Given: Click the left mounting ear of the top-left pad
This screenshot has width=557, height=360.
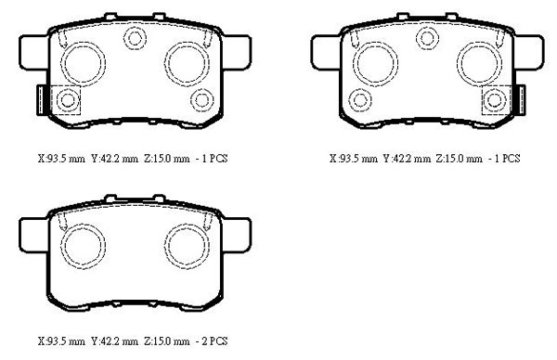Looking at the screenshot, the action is (x=33, y=53).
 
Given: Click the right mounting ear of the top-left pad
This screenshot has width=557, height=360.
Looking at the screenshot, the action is (x=237, y=53).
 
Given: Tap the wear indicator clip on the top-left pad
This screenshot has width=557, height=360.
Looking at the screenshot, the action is (x=42, y=100).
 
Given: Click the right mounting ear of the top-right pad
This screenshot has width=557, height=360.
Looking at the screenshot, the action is (x=529, y=53).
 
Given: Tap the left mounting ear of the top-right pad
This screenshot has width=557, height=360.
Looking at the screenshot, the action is (x=326, y=53).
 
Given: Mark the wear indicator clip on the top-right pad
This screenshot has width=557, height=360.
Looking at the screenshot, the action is (x=520, y=100).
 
